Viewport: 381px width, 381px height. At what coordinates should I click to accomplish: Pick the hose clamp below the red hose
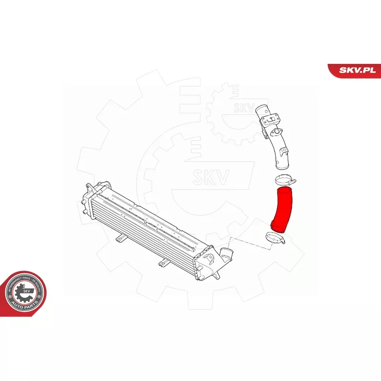(274, 238)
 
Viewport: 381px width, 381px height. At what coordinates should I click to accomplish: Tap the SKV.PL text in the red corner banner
(357, 70)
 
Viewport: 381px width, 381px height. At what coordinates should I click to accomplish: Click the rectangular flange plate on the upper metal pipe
(271, 118)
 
